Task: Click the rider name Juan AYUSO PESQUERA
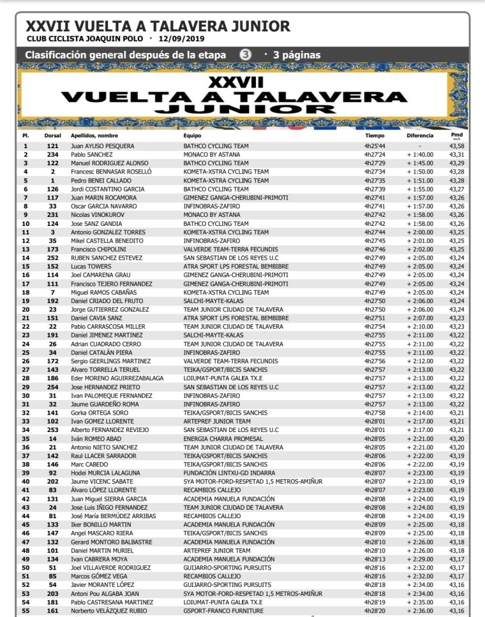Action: (x=102, y=146)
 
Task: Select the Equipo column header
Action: (x=193, y=136)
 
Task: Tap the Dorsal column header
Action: (x=52, y=136)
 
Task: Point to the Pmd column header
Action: (x=456, y=135)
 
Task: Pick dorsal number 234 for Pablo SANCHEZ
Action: (x=52, y=155)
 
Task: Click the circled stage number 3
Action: (x=245, y=55)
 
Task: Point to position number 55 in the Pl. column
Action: (x=25, y=610)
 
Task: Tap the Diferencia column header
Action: (x=419, y=136)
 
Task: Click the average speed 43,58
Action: (x=456, y=146)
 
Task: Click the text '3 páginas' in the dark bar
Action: (x=296, y=55)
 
